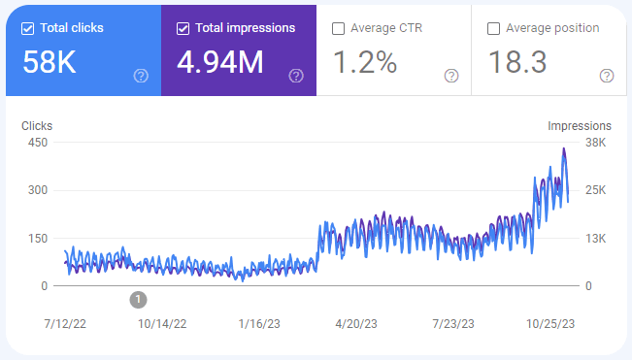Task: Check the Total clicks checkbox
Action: (27, 28)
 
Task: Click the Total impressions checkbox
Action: (183, 28)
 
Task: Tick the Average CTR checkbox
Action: (338, 28)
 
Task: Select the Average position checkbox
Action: (494, 28)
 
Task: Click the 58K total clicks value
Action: (50, 62)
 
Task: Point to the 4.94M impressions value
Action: (220, 62)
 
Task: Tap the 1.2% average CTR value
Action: (365, 62)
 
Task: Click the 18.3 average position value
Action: (517, 62)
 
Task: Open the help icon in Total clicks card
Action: (141, 76)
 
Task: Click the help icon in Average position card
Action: (607, 76)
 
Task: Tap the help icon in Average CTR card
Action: (451, 76)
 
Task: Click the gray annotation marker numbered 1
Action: (138, 300)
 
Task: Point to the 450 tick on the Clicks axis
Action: (38, 143)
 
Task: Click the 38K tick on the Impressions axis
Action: (595, 143)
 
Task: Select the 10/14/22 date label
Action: (162, 324)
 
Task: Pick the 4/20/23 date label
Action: (356, 324)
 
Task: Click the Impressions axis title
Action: (580, 126)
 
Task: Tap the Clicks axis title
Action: (37, 126)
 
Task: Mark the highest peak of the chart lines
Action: (564, 148)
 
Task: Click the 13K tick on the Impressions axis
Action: (595, 239)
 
